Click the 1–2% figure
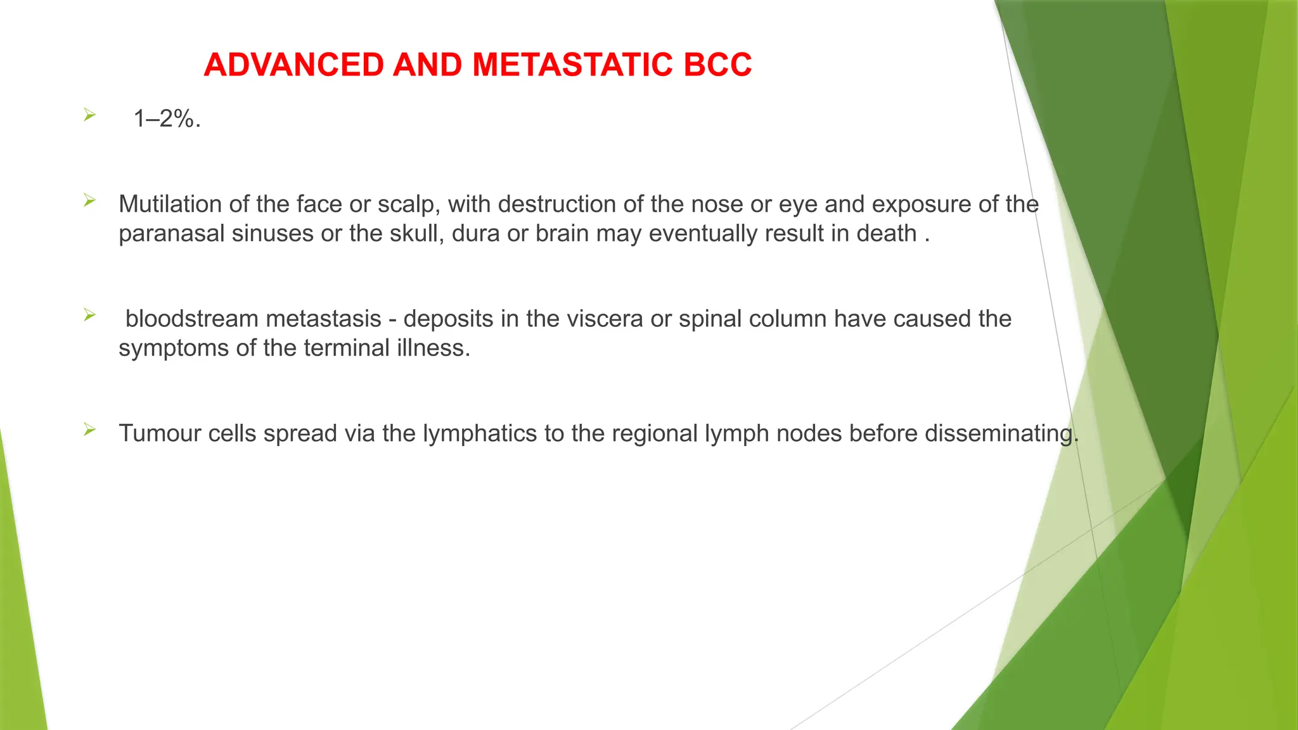(x=167, y=118)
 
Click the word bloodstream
(x=190, y=319)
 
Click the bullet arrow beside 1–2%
(x=89, y=115)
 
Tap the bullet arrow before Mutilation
(x=89, y=201)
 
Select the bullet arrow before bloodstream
(x=89, y=315)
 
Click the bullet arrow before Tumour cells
(x=89, y=430)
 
